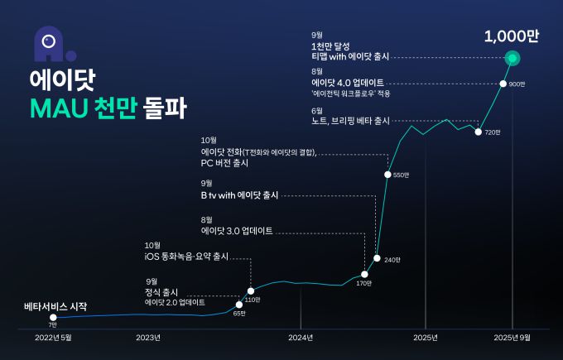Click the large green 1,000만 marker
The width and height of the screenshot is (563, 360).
pos(512,58)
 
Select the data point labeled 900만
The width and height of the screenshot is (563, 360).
pos(503,84)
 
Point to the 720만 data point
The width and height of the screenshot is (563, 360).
pos(479,131)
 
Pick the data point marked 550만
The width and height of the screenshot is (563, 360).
pos(387,174)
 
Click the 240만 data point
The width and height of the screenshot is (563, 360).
pos(377,258)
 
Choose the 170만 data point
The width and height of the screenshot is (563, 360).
pos(365,273)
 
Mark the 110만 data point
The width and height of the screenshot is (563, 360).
pos(251,290)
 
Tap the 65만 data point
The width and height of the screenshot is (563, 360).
pos(239,305)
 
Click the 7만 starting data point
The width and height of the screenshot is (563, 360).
pos(53,317)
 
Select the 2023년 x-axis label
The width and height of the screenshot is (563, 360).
pos(147,338)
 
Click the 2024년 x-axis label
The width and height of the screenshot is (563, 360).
pos(301,338)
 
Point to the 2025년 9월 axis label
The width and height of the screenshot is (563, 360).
pos(512,338)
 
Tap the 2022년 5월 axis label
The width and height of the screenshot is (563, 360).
pos(53,338)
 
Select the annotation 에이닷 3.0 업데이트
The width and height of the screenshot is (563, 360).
pos(237,231)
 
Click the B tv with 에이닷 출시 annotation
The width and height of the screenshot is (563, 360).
pos(239,194)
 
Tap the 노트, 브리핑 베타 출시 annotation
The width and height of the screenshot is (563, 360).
pos(350,121)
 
